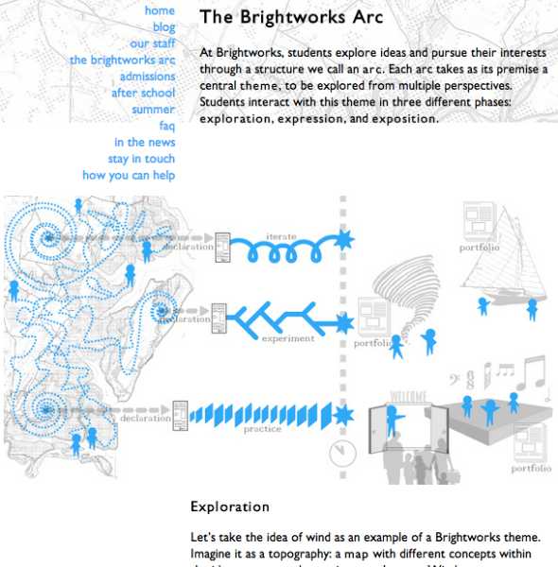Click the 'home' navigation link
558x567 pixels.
(160, 10)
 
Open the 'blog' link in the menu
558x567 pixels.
(164, 27)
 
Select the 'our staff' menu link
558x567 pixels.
(152, 43)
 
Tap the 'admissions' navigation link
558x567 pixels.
(147, 77)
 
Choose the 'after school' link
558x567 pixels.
(143, 93)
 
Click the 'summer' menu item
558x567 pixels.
(153, 110)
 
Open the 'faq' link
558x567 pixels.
(166, 126)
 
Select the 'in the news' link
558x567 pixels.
(145, 143)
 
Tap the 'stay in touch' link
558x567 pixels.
(141, 159)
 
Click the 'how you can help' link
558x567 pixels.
(129, 176)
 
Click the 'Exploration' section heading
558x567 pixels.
(230, 507)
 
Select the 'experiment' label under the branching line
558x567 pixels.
(288, 338)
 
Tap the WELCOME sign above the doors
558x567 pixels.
(409, 396)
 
